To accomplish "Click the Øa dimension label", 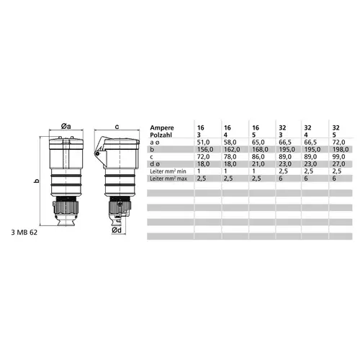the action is click(66, 126).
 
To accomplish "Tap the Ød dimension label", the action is click(117, 230).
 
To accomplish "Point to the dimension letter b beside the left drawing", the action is click(37, 181).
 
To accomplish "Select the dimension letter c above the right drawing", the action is click(117, 127).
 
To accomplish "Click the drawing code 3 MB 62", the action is click(24, 233).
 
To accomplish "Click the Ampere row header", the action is click(162, 127).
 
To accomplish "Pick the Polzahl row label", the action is click(161, 135).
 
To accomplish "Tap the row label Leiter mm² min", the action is click(168, 171).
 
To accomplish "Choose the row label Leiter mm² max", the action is click(168, 179).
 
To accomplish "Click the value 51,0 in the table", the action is click(203, 143).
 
